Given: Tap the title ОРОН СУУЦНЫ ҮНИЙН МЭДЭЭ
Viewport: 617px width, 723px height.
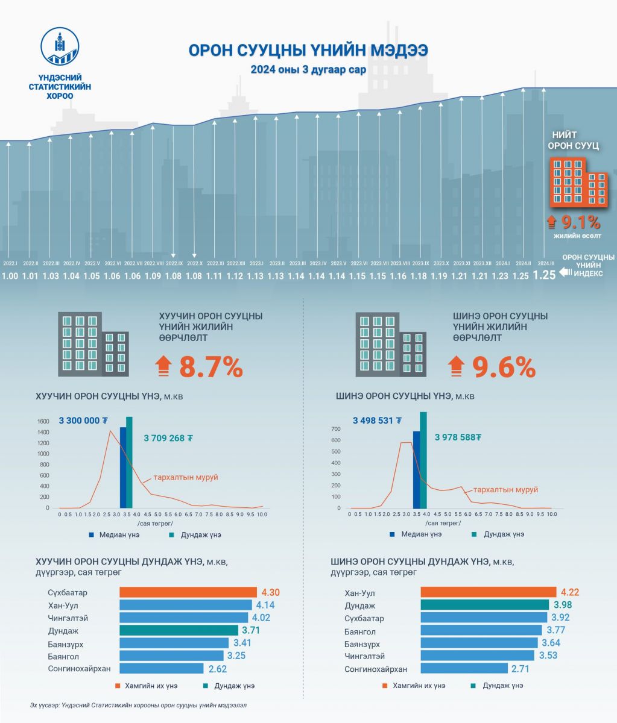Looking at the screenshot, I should pyautogui.click(x=308, y=50).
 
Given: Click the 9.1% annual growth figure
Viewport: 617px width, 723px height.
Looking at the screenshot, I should pyautogui.click(x=580, y=222).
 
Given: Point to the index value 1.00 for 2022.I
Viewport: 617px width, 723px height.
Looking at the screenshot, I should pyautogui.click(x=10, y=276).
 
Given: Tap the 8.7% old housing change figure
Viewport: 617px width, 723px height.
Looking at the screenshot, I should pyautogui.click(x=210, y=367).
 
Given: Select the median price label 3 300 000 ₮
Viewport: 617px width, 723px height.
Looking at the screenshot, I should pyautogui.click(x=83, y=421).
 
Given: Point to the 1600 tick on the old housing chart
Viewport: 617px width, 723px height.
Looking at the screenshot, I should pyautogui.click(x=43, y=422).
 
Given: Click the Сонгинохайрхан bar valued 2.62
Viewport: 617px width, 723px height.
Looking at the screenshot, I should pyautogui.click(x=162, y=668).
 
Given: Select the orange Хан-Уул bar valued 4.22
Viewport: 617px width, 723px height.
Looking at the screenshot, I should pyautogui.click(x=488, y=592).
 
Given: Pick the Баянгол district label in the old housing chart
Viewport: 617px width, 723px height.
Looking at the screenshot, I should pyautogui.click(x=63, y=656).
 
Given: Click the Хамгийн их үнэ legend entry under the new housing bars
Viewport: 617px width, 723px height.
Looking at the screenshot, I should pyautogui.click(x=413, y=686).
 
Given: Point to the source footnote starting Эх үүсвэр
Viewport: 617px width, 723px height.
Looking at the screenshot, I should pyautogui.click(x=138, y=704).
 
